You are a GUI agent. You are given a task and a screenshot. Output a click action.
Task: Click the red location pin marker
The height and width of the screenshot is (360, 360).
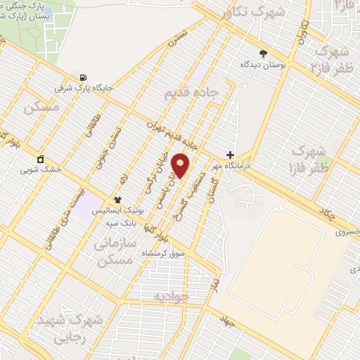point(181,165)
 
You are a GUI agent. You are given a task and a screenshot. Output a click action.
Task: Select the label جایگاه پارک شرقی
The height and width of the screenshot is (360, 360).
point(84,89)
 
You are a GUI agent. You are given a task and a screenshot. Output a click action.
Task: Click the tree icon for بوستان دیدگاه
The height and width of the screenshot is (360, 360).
point(264,53)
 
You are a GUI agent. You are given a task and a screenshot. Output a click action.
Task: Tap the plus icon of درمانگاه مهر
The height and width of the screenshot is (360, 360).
point(230,155)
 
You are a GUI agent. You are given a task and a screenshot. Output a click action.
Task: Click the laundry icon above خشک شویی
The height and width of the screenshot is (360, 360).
point(41,158)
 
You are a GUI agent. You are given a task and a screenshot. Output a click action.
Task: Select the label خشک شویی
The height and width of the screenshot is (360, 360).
point(41,169)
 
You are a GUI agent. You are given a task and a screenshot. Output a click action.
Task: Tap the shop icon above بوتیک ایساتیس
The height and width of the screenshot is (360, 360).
point(118,200)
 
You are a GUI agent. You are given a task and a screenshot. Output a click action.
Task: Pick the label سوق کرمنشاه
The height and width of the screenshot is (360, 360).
point(164,252)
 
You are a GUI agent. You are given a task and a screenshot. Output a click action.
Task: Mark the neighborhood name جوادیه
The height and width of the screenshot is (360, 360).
point(172,296)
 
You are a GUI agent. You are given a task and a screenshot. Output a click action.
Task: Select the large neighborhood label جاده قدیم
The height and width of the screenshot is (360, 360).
point(191,92)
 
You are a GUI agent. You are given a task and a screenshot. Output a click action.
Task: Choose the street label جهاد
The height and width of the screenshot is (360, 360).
point(226,321)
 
